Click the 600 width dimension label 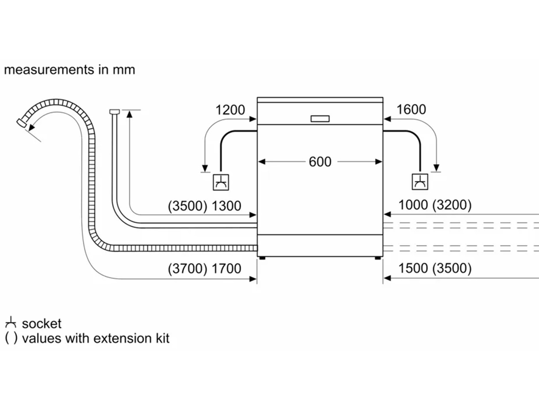(x=320, y=162)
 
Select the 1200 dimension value (x=230, y=110)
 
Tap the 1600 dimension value (x=411, y=109)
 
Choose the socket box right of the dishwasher (x=420, y=181)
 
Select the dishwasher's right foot (x=378, y=258)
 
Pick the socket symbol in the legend (x=11, y=323)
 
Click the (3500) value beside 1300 (x=187, y=206)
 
